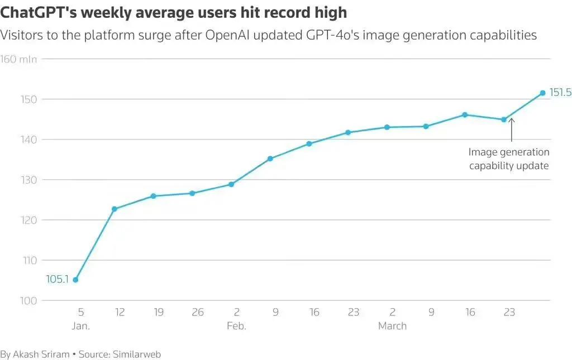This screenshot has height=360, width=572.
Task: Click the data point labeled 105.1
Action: pos(75,280)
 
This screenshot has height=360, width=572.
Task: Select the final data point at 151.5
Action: pos(542,93)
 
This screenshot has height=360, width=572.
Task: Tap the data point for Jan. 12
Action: pos(115,209)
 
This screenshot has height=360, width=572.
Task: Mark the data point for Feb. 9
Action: pos(270,159)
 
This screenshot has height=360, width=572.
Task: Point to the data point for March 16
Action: pos(465,114)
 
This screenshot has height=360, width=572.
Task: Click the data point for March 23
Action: pos(504,119)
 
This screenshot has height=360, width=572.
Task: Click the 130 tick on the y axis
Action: pos(28,180)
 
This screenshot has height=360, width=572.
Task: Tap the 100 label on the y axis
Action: pos(28,301)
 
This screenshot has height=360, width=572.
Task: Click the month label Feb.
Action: pos(236,326)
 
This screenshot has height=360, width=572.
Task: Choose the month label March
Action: pos(392,326)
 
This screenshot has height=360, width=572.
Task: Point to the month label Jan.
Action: pos(80,326)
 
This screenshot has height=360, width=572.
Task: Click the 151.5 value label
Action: pos(560,93)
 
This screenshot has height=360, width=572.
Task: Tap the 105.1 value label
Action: pos(57,280)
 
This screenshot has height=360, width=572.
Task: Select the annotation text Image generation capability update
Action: pos(509,159)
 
